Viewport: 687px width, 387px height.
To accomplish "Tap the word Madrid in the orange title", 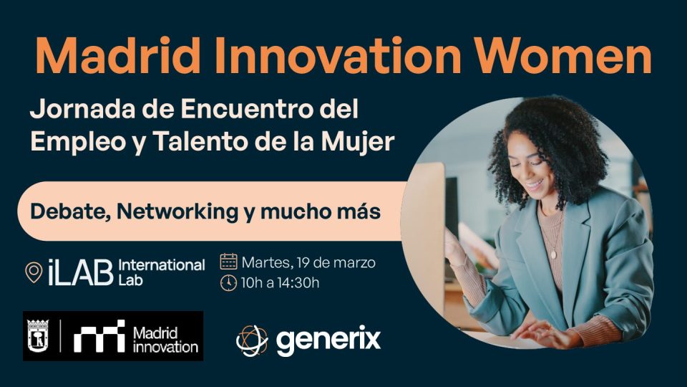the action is coord(117,55).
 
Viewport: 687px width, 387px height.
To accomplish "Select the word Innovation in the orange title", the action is coord(337,55).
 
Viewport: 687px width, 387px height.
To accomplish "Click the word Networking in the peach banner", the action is coord(177,212).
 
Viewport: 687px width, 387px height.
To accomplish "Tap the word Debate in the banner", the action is coord(70,211).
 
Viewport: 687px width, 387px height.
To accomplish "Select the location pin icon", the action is coord(34,272).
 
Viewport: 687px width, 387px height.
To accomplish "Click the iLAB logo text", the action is coord(80,272).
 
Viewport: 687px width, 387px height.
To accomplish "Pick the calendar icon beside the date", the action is coord(228,262).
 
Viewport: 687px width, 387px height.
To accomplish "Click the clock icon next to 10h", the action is coord(228,283).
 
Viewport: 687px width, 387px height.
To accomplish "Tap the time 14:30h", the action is coord(298,283).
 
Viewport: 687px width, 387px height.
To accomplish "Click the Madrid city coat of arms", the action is coord(38,335).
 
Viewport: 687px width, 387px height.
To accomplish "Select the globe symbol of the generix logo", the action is coord(252,340).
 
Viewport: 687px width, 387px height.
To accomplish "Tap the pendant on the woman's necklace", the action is coord(553,254).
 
